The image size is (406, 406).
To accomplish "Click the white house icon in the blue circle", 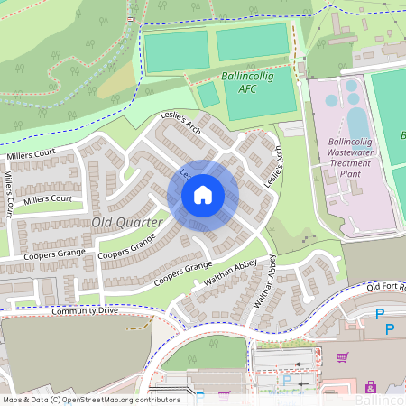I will [202, 195].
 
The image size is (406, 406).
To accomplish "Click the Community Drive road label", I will [85, 310].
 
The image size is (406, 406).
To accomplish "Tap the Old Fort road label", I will [386, 287].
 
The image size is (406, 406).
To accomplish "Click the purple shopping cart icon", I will [342, 357].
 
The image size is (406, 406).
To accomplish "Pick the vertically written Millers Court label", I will [8, 196].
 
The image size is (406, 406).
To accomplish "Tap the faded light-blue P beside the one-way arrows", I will [287, 381].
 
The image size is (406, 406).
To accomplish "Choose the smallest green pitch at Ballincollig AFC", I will [208, 95].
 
